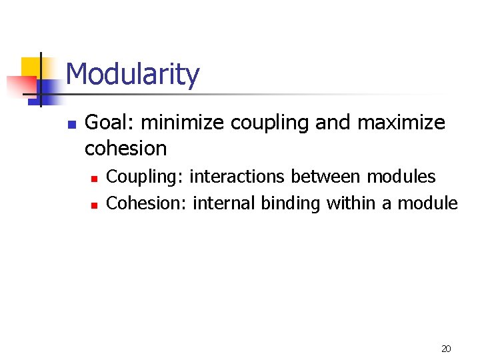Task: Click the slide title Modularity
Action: coord(132,74)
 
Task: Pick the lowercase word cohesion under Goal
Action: coord(125,148)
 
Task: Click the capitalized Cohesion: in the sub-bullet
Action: coord(147,203)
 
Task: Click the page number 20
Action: coord(446,349)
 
